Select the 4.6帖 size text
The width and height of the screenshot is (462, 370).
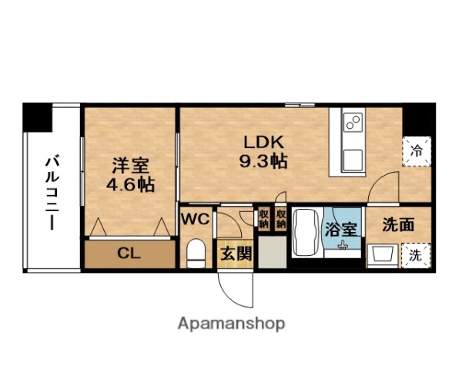coord(129,185)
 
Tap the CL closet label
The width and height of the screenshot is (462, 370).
coord(128,252)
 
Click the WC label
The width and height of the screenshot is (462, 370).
coord(195,219)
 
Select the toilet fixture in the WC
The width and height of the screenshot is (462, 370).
coord(196,252)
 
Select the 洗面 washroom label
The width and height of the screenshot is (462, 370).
coord(397,225)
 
